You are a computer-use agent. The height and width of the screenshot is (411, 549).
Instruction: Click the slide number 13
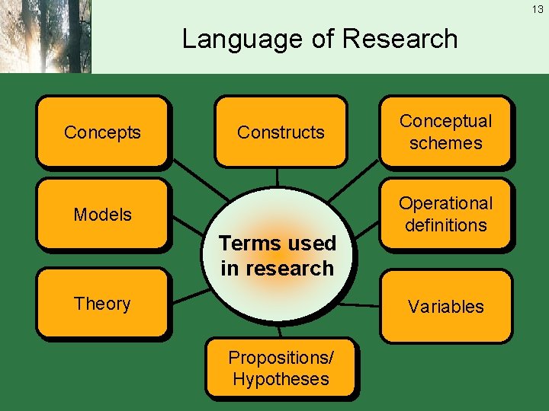[538, 9]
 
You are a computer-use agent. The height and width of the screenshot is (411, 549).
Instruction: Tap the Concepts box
[102, 132]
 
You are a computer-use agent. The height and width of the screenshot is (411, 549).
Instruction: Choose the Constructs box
[281, 132]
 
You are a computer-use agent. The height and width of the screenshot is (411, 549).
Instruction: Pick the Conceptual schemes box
[446, 132]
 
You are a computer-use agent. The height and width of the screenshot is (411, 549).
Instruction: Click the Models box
[102, 215]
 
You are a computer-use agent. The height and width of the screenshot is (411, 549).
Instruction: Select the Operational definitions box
[446, 214]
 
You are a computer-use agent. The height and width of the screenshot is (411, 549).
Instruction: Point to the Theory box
[102, 303]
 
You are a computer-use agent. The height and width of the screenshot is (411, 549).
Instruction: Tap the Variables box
[446, 306]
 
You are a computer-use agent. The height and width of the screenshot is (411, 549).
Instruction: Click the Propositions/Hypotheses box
[281, 368]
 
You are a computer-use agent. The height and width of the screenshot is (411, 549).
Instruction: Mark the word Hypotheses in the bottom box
[281, 379]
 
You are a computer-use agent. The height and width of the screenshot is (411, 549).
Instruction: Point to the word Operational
[446, 203]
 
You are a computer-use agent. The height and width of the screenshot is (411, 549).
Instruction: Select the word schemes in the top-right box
[446, 143]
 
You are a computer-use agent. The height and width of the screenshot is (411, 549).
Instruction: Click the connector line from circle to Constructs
[277, 177]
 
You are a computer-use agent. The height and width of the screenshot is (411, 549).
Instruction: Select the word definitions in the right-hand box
[446, 225]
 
